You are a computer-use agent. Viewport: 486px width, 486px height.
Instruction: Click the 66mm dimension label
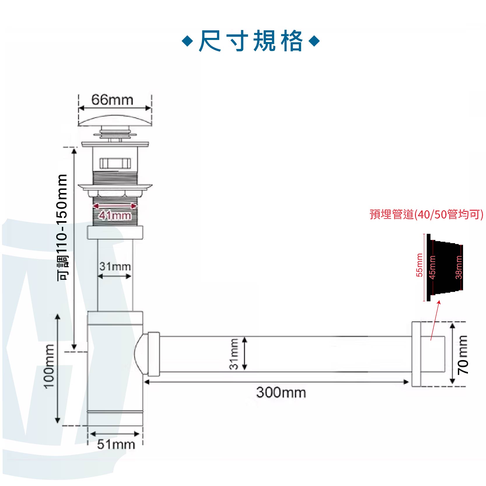click(x=112, y=100)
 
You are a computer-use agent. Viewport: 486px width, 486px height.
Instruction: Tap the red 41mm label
click(x=115, y=215)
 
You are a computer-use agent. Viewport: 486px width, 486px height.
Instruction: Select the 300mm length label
click(x=281, y=392)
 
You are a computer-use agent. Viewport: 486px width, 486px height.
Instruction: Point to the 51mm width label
click(x=116, y=444)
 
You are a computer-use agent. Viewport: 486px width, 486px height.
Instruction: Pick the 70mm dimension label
click(x=463, y=355)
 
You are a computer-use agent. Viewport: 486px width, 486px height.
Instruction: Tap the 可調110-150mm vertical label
click(x=62, y=227)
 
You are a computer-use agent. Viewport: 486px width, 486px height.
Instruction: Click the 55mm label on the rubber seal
click(x=419, y=265)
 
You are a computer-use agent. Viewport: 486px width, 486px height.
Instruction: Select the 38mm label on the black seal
click(x=459, y=267)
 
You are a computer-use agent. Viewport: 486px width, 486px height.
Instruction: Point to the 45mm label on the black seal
click(x=432, y=267)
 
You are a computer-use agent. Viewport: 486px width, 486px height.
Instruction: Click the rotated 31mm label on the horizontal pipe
click(x=234, y=354)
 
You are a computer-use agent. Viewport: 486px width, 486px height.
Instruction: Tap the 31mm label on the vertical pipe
click(x=115, y=266)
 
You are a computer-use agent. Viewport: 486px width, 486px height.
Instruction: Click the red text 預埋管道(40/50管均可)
click(x=426, y=214)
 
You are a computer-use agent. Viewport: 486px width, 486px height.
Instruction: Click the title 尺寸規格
click(x=251, y=41)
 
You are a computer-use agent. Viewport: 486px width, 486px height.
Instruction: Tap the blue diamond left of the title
click(x=187, y=41)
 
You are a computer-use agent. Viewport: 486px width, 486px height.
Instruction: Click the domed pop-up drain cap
click(x=115, y=121)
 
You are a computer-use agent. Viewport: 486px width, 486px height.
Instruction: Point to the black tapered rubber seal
click(x=445, y=267)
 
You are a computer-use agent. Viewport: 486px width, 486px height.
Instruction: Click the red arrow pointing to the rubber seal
click(x=435, y=321)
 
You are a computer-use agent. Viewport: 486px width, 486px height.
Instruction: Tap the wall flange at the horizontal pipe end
click(x=416, y=354)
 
